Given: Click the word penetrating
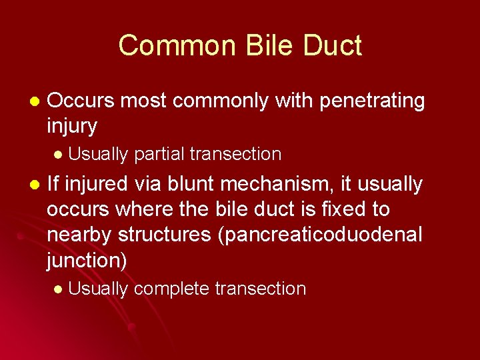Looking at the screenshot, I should pyautogui.click(x=373, y=101).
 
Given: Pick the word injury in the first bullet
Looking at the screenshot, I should pyautogui.click(x=72, y=125).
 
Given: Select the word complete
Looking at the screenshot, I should pyautogui.click(x=171, y=289).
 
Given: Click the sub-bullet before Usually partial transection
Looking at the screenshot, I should pyautogui.click(x=57, y=155).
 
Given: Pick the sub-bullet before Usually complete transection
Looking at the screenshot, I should pyautogui.click(x=57, y=289).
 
